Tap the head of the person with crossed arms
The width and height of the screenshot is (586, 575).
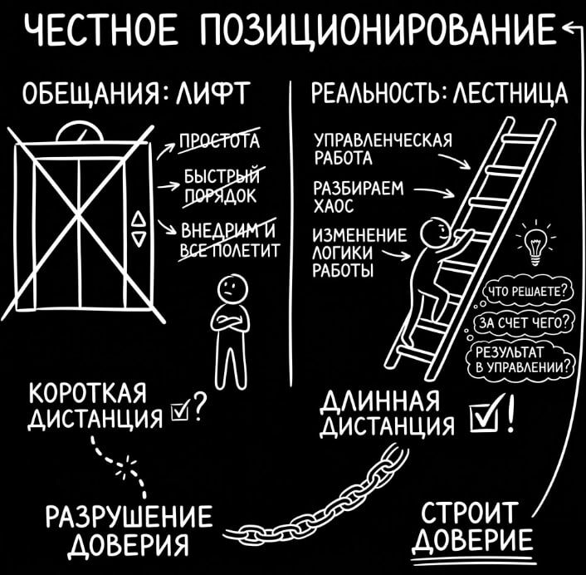(x=229, y=292)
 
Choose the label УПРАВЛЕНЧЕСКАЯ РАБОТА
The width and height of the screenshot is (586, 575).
(x=382, y=149)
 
